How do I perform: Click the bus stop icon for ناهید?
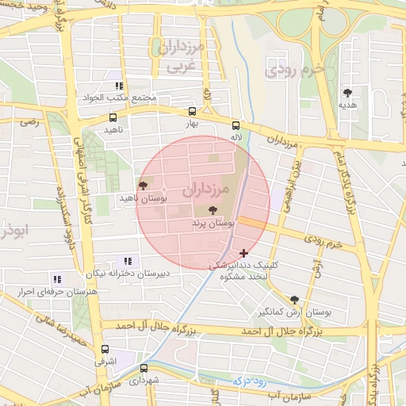tap(113, 117)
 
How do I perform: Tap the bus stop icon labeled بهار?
tap(192, 112)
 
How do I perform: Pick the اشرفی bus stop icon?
tap(105, 349)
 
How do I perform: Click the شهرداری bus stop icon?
tap(144, 368)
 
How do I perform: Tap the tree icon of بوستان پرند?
tap(212, 210)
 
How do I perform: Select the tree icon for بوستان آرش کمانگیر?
tap(295, 300)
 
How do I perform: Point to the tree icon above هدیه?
tap(347, 93)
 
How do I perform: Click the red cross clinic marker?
tap(243, 253)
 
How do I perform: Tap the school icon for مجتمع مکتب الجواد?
tap(119, 86)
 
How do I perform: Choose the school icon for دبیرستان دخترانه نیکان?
tap(127, 261)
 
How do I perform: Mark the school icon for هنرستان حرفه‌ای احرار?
tap(56, 279)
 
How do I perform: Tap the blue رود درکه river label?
tap(253, 381)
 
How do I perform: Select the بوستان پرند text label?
tap(213, 225)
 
